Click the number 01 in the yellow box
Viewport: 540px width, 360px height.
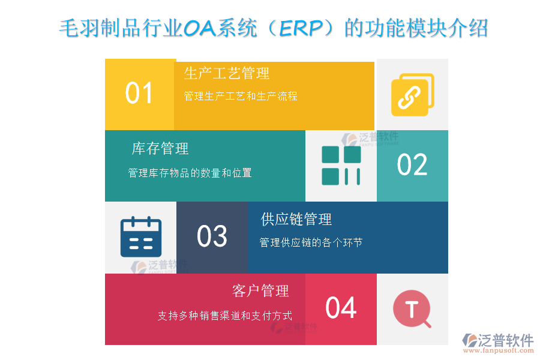139,94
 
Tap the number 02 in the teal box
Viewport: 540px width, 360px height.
412,165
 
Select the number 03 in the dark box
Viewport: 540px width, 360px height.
212,236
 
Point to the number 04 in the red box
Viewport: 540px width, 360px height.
341,308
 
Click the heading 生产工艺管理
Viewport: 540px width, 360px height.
227,74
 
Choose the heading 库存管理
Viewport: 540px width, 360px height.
160,148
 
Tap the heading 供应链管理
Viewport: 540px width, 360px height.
296,220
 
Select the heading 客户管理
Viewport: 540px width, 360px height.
260,291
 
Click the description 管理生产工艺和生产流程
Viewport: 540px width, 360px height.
241,96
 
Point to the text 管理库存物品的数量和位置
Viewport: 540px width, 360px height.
190,173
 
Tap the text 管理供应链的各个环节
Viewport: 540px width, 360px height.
311,243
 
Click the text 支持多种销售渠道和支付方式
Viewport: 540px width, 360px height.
225,316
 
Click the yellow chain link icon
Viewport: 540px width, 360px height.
412,94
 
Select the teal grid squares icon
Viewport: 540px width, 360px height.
341,165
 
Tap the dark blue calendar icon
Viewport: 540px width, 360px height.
140,237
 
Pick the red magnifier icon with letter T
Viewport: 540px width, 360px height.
412,309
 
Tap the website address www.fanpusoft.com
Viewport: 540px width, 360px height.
500,352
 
